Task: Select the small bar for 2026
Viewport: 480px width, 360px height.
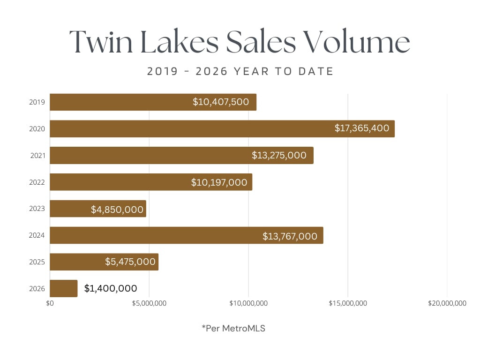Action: click(63, 288)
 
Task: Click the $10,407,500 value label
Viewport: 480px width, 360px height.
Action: click(221, 102)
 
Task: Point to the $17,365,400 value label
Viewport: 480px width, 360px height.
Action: click(362, 128)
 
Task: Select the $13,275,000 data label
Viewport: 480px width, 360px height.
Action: click(279, 155)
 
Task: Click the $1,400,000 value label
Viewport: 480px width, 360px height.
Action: click(111, 288)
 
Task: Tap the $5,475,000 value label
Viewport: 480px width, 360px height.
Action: click(130, 262)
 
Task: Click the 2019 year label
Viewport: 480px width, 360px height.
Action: click(37, 102)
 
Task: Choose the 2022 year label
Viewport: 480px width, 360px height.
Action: click(37, 182)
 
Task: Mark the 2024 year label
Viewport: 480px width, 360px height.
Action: click(37, 235)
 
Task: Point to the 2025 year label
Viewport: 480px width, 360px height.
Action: click(37, 262)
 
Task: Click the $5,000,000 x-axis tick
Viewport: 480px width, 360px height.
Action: click(149, 303)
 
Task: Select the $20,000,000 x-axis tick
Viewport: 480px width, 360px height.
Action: click(447, 303)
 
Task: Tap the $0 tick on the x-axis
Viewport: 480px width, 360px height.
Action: click(50, 303)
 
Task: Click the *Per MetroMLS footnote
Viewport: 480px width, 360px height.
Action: click(233, 329)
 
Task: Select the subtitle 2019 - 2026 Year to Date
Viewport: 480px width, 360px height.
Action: click(240, 72)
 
